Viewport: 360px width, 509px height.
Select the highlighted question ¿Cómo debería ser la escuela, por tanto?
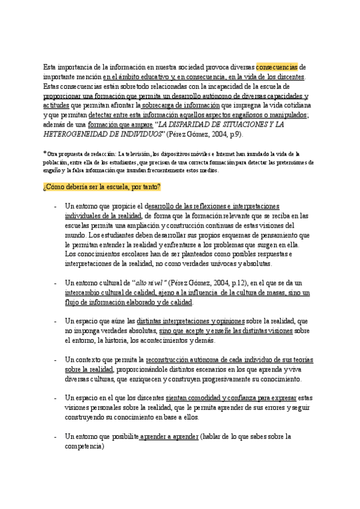(98, 187)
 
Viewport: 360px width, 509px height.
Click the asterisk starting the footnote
(45, 153)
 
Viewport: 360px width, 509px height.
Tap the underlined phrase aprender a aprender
(169, 436)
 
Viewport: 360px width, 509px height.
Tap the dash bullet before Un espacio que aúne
(55, 321)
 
